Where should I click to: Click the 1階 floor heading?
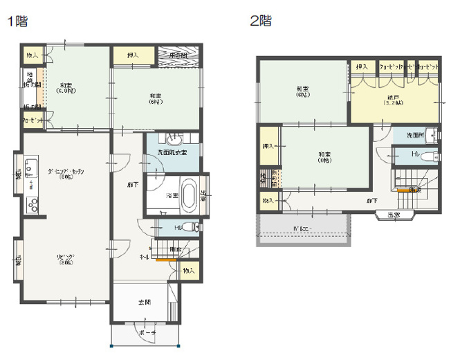(17, 21)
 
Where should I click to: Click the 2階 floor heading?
(260, 21)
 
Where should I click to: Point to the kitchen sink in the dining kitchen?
(30, 168)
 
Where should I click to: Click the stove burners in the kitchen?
(31, 204)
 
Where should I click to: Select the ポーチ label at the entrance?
(147, 333)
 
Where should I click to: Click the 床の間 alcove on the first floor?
(179, 55)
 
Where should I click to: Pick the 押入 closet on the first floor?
(131, 55)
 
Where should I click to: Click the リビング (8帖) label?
(66, 260)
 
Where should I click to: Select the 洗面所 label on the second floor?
(415, 134)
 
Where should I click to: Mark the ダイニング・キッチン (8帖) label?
(66, 173)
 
